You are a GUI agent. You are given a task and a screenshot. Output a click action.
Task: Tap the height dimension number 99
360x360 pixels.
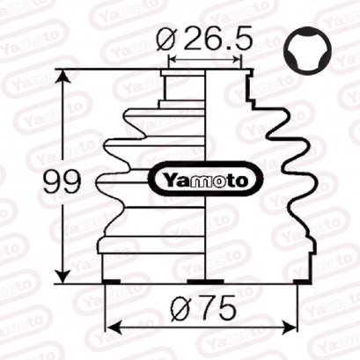click(x=62, y=182)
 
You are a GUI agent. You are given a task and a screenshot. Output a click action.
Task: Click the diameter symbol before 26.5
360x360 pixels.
click(x=170, y=40)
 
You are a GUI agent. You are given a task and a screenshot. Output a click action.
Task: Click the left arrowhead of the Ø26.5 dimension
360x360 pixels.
click(x=171, y=61)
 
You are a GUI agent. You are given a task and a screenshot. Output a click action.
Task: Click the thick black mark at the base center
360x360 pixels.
click(x=205, y=281)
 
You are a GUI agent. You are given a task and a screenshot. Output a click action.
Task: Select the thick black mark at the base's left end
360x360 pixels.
click(x=112, y=281)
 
